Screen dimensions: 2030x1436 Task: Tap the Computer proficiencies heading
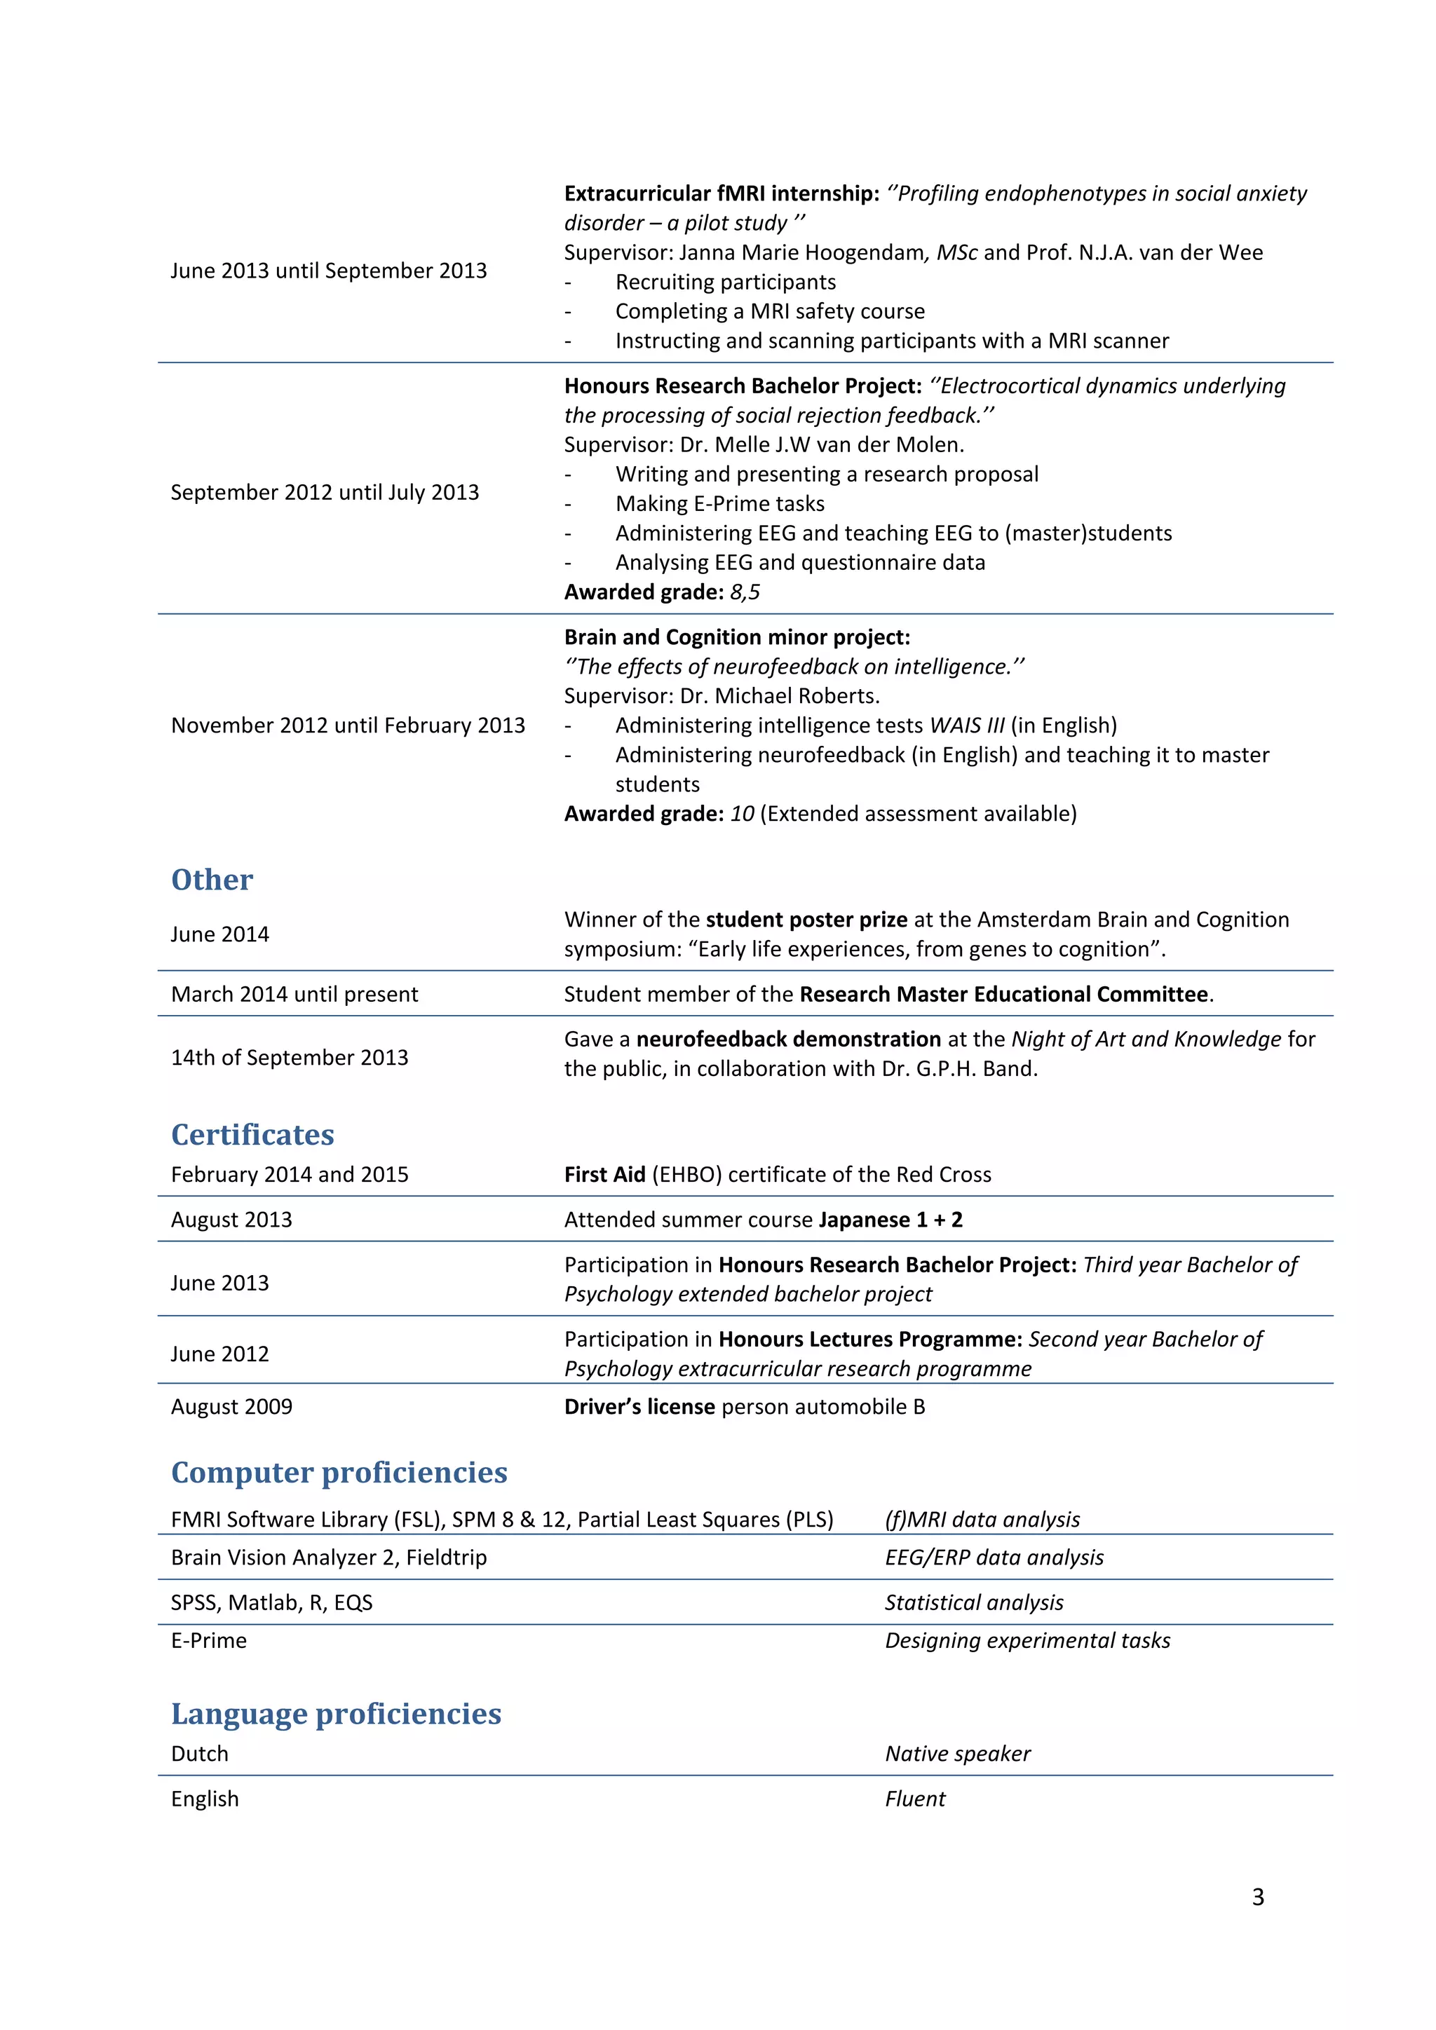(x=339, y=1472)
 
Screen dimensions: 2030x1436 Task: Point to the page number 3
(x=1257, y=1897)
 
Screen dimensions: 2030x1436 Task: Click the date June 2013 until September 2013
(x=328, y=271)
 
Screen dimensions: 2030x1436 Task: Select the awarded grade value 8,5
(x=745, y=592)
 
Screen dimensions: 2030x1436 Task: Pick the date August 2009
(x=231, y=1407)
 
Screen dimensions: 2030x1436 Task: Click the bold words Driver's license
(x=639, y=1407)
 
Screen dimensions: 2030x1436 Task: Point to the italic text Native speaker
(x=958, y=1754)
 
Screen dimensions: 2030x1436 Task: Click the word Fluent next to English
(x=914, y=1799)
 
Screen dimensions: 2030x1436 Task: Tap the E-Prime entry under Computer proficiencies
(x=209, y=1641)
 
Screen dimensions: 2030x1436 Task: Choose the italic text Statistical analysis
(x=973, y=1603)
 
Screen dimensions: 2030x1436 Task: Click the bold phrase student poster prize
(x=806, y=920)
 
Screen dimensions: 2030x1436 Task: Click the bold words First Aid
(x=605, y=1175)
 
